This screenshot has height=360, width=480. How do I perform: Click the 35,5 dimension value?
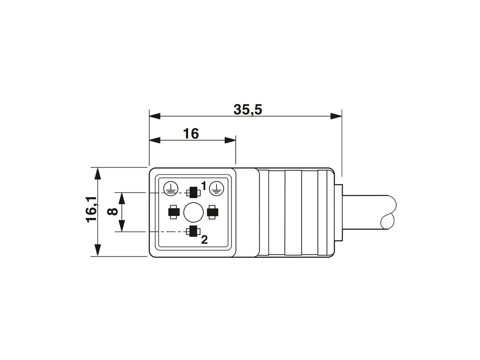point(248,109)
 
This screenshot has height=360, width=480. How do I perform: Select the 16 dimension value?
point(191,134)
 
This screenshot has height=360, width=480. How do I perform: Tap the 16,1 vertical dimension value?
point(92,210)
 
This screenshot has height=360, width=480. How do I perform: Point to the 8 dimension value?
point(113,212)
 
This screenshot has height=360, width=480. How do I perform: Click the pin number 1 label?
point(204,185)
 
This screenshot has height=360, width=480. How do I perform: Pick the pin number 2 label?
point(204,240)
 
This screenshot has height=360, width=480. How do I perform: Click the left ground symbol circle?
point(170,188)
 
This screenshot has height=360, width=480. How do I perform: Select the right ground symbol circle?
point(216,188)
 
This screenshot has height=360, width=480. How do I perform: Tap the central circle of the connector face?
point(193,212)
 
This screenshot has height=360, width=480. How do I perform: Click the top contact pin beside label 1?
point(193,192)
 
